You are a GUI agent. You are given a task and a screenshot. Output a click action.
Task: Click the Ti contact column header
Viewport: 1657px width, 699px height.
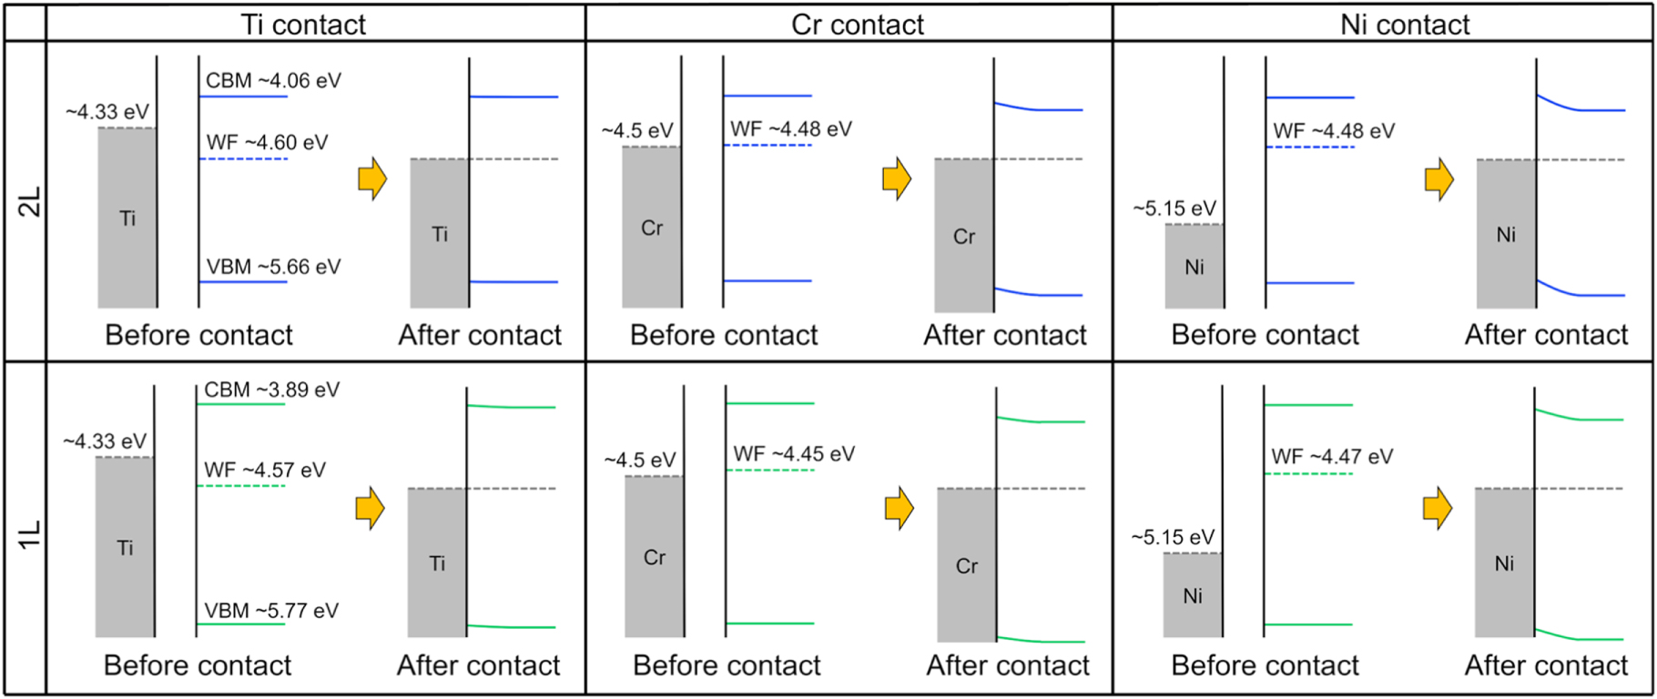coord(303,25)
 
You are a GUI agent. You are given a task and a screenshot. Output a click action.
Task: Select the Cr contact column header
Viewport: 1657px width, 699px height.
coord(857,25)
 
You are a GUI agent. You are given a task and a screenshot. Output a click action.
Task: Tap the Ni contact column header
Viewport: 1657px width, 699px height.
coord(1404,25)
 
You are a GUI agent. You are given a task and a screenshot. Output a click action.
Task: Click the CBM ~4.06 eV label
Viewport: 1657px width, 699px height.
coord(273,81)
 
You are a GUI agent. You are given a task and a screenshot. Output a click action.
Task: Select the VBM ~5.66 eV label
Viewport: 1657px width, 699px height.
coord(273,267)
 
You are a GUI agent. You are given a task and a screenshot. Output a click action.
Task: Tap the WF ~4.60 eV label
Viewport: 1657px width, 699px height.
coord(267,143)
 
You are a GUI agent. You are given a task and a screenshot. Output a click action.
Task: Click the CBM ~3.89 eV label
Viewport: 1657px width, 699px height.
coord(271,390)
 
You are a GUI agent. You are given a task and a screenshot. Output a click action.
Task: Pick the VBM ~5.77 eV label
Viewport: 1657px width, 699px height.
coord(271,611)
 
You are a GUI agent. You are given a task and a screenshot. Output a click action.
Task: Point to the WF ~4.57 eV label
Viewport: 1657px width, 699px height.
coord(264,471)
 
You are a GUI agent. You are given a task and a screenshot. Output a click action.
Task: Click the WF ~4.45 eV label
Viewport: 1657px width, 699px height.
coord(794,454)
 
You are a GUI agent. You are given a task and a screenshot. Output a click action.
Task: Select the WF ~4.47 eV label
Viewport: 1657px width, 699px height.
coord(1332,457)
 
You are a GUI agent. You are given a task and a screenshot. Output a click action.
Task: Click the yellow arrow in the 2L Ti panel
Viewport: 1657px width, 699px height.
coord(372,179)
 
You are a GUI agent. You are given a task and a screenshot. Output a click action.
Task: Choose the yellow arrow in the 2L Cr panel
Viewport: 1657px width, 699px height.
coord(897,179)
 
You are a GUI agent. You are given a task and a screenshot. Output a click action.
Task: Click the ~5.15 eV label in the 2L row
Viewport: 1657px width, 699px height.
coord(1174,208)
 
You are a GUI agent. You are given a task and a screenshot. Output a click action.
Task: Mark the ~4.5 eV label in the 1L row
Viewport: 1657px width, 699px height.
coord(640,461)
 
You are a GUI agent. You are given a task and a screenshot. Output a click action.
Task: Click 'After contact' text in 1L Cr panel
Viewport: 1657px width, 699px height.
coord(1007,665)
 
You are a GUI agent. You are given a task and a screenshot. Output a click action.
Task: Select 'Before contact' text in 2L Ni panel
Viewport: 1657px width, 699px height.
coord(1265,335)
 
